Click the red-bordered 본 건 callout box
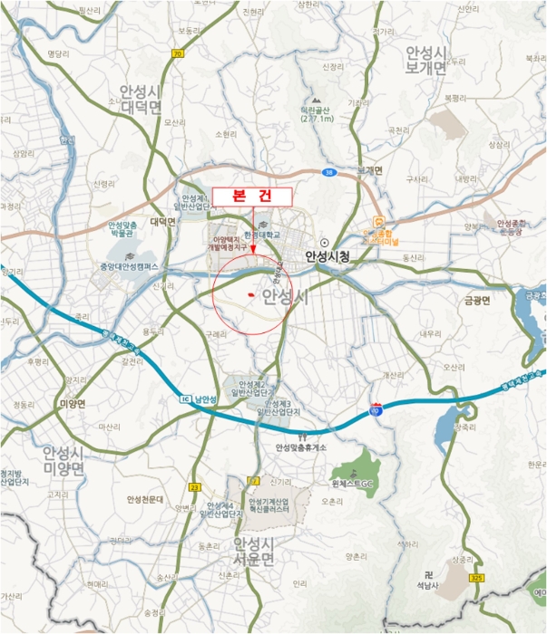coord(251,197)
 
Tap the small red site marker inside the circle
coord(249,295)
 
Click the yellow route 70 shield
coord(177,53)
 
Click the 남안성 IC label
coord(205,399)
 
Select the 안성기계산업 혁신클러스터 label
coord(268,508)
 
